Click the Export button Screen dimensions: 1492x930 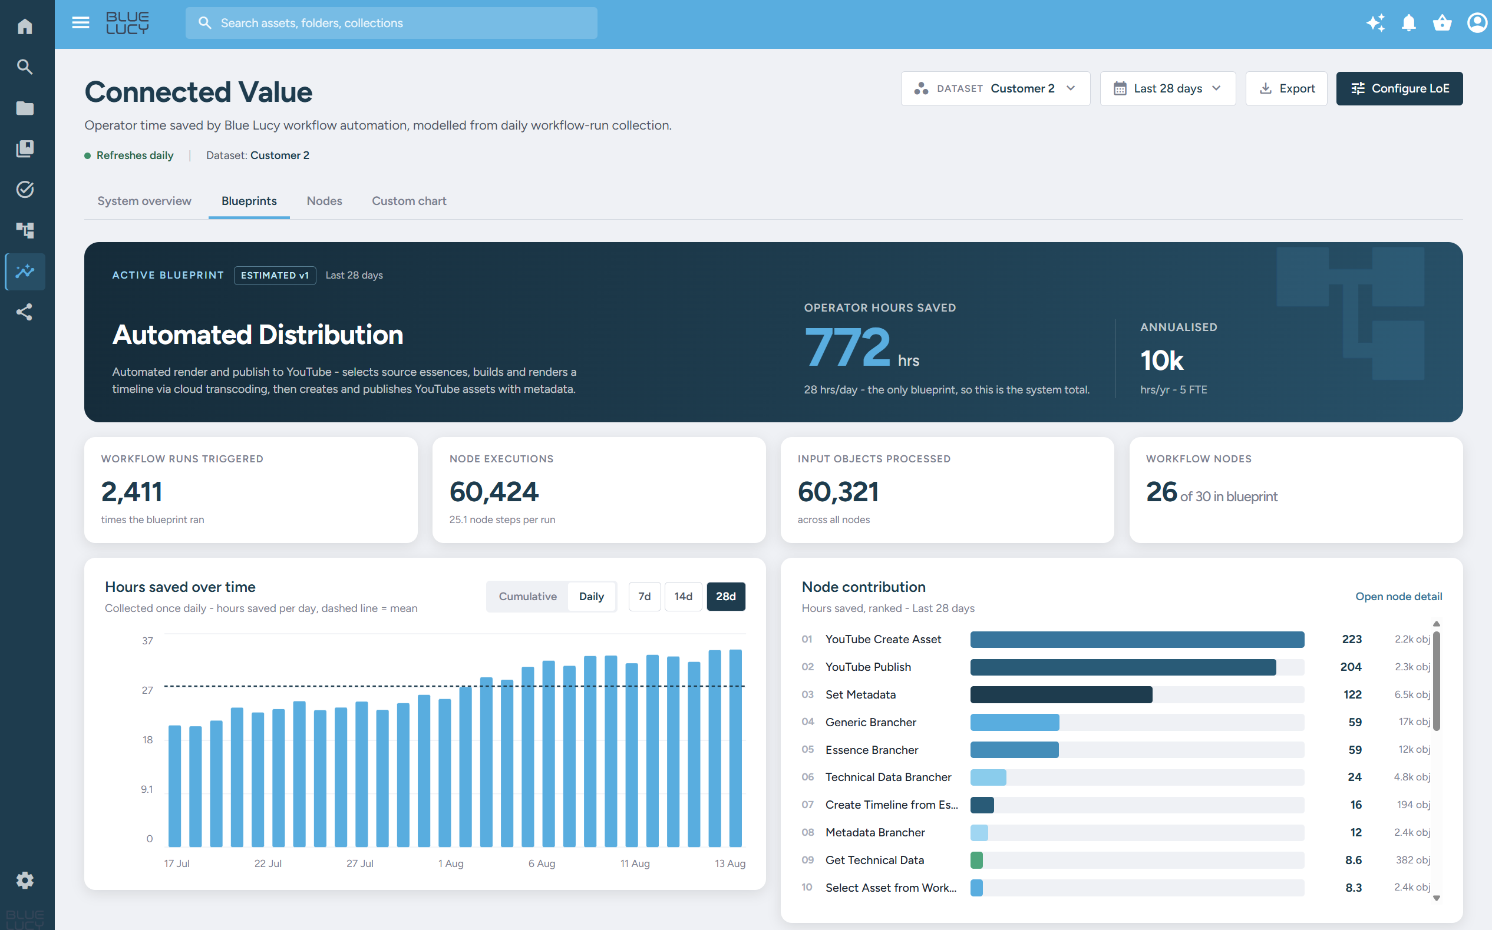pos(1286,88)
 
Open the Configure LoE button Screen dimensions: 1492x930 pos(1399,88)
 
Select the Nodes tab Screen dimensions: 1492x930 pos(324,201)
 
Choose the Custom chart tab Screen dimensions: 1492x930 pos(409,201)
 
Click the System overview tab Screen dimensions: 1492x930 pos(144,201)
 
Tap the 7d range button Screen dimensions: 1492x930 pos(644,597)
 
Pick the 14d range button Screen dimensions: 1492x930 pos(683,597)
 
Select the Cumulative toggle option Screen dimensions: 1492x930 pos(527,597)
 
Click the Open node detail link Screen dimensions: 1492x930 pos(1398,597)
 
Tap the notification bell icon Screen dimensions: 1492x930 pos(1408,24)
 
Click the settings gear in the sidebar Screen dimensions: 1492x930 pos(25,880)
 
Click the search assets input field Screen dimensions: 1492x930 pos(391,24)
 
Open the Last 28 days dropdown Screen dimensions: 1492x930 pos(1167,88)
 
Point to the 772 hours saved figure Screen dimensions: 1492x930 pos(847,347)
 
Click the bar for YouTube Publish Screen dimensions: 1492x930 pos(1123,667)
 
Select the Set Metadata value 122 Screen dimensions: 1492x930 pos(1352,694)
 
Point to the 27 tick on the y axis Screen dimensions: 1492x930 pos(147,690)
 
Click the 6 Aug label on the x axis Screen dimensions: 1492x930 pos(542,863)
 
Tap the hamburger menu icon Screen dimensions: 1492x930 pos(81,24)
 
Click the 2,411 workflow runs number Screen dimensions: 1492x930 pos(131,492)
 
